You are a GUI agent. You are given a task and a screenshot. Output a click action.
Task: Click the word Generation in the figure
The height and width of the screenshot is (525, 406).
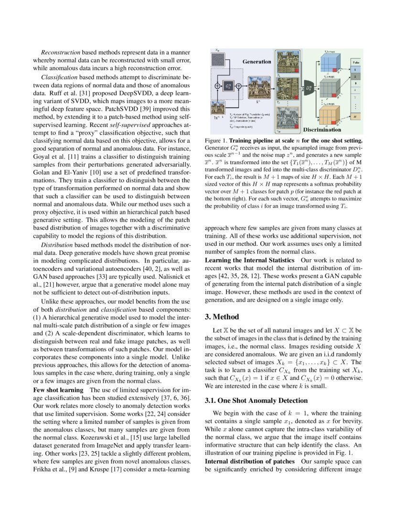pos(256,62)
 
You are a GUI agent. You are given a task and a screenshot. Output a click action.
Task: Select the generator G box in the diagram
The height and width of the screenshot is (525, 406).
pos(228,87)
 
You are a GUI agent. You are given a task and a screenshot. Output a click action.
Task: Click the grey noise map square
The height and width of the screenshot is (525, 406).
pos(218,59)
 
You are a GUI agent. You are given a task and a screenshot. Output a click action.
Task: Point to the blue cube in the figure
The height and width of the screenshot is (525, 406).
pos(330,62)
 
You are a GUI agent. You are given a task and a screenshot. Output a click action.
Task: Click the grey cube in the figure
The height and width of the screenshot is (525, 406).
pos(330,88)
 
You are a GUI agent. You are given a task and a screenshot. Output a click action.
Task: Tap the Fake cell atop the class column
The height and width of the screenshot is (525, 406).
pos(356,62)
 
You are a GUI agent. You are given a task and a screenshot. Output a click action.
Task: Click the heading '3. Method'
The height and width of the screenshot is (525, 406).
pos(222,316)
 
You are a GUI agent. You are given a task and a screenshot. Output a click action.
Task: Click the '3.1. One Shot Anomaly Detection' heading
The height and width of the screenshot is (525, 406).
pos(250,400)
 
